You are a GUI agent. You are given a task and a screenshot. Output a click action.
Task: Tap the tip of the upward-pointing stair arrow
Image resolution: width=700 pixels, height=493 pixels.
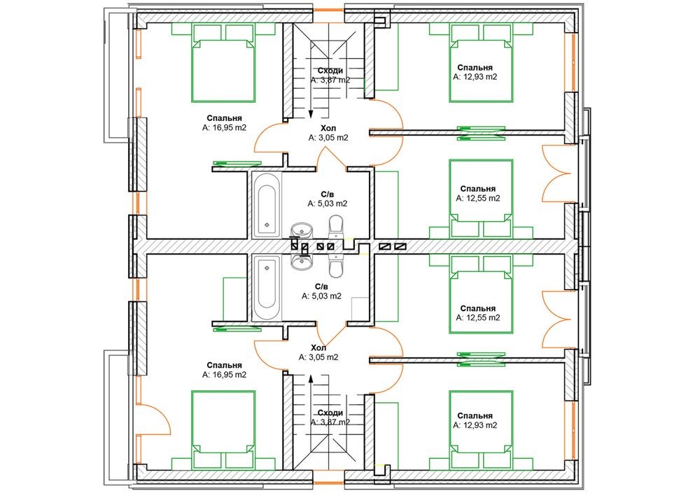pyautogui.click(x=311, y=374)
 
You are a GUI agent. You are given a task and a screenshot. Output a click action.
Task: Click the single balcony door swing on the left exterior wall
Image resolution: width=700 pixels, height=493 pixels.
pyautogui.click(x=153, y=420)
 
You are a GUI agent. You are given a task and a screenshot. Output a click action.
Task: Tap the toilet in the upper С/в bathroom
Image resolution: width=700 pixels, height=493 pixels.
pyautogui.click(x=336, y=227)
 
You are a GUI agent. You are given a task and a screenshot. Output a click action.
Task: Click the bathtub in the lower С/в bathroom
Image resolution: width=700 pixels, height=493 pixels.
pyautogui.click(x=267, y=288)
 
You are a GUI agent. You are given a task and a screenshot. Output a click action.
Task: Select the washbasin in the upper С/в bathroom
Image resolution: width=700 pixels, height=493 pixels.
pyautogui.click(x=301, y=230)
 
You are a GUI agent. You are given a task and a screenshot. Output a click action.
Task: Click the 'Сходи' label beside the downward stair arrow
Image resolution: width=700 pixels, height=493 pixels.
pyautogui.click(x=330, y=71)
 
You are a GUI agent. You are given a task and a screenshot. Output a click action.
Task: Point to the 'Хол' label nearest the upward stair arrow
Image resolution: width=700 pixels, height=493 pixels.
pyautogui.click(x=318, y=348)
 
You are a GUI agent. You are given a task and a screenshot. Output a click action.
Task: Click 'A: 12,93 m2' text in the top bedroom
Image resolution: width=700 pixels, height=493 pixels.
pyautogui.click(x=475, y=77)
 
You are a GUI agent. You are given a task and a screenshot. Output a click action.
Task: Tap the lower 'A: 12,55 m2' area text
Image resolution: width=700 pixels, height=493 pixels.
pyautogui.click(x=478, y=317)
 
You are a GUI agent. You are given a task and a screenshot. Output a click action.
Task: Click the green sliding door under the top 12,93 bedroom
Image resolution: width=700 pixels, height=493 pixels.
pyautogui.click(x=481, y=133)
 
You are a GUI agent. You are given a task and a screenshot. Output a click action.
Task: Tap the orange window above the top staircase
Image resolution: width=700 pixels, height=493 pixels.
pyautogui.click(x=328, y=10)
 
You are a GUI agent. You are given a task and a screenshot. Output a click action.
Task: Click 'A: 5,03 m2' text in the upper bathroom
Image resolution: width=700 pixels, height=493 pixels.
pyautogui.click(x=327, y=203)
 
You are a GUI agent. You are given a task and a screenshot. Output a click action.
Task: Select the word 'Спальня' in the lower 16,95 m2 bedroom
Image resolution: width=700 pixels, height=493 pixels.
pyautogui.click(x=224, y=366)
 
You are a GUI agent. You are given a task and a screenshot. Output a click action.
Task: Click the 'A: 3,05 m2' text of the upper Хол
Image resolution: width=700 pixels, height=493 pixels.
pyautogui.click(x=328, y=138)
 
